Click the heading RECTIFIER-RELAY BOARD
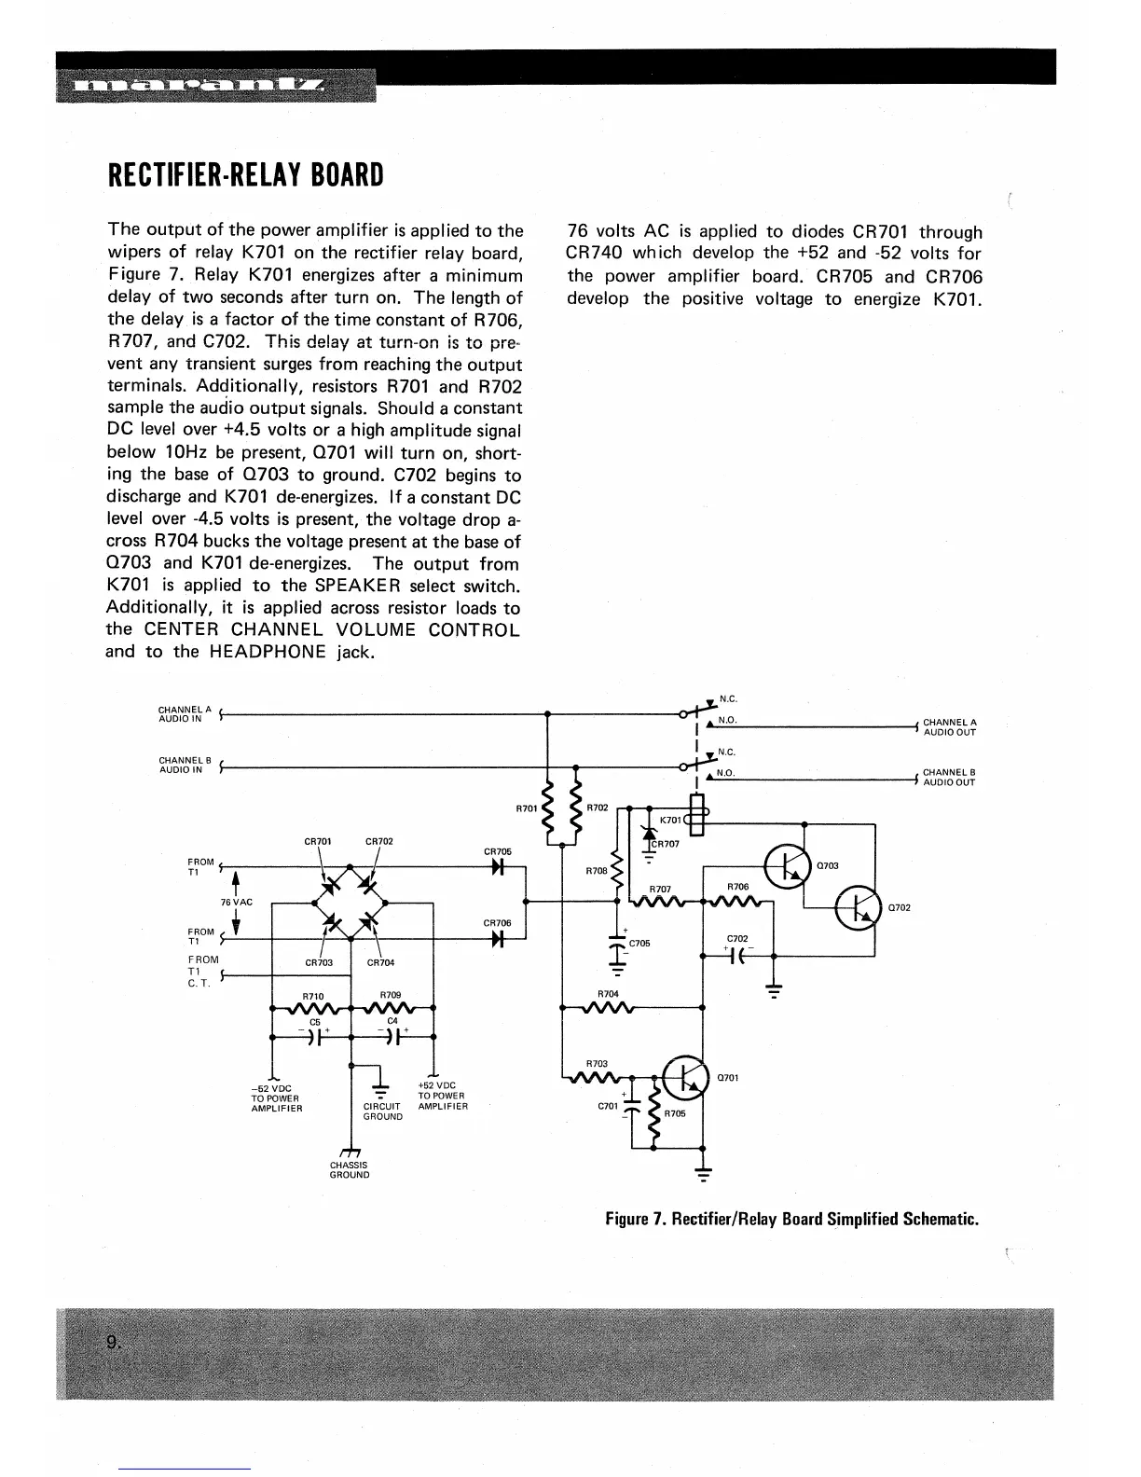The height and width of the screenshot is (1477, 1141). (x=245, y=175)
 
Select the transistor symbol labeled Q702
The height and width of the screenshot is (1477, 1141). (x=859, y=907)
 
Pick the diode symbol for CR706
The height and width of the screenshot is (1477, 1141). (x=498, y=939)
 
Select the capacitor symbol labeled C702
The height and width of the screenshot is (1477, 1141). (x=736, y=956)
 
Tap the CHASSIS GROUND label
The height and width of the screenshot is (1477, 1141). (x=350, y=1170)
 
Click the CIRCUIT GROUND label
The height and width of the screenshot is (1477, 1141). (x=382, y=1111)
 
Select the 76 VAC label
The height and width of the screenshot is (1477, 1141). (x=236, y=903)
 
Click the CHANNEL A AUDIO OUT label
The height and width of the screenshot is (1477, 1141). (x=949, y=727)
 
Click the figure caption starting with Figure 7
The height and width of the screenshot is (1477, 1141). (x=791, y=1220)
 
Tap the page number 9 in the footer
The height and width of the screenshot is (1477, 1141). (x=113, y=1343)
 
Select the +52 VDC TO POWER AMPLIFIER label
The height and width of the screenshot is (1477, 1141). (x=443, y=1096)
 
